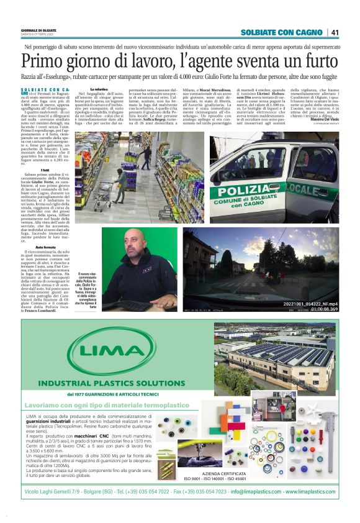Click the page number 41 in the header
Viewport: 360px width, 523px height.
(335, 32)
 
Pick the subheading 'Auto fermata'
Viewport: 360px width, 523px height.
(62, 247)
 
